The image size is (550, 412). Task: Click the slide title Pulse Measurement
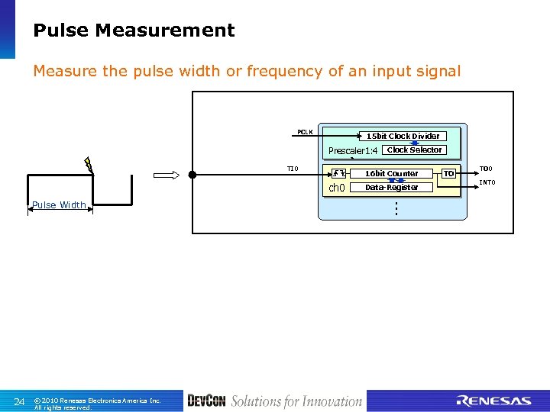(134, 31)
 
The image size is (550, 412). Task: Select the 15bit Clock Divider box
(403, 136)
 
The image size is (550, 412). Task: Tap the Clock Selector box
(414, 150)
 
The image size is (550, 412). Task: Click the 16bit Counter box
(391, 173)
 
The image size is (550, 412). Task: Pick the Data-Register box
(391, 187)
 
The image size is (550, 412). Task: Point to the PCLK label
(305, 132)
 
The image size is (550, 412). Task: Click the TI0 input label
(293, 169)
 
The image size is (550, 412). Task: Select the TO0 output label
(486, 169)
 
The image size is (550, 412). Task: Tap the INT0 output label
(487, 182)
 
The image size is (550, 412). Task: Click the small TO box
(449, 173)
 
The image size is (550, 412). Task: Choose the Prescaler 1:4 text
(353, 150)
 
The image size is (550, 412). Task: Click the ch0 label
(336, 188)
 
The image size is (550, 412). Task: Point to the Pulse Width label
(58, 204)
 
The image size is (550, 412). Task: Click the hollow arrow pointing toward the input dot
(166, 175)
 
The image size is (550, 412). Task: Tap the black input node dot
(192, 175)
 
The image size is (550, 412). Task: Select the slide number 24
(20, 401)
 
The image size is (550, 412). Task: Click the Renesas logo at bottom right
(493, 401)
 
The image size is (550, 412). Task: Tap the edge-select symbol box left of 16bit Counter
(337, 173)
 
